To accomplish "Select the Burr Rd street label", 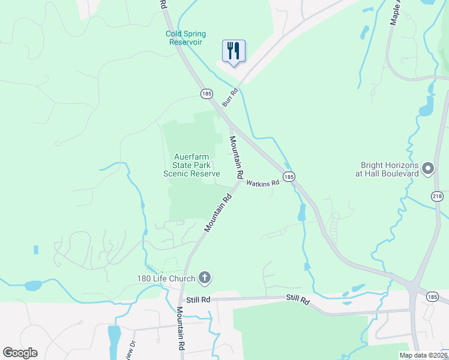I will point(230,97).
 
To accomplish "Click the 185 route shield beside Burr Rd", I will point(206,94).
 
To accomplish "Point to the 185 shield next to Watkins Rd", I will point(289,176).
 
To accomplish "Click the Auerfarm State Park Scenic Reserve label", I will point(192,165).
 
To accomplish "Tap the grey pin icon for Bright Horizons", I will point(428,169).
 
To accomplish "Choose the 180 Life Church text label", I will point(166,278).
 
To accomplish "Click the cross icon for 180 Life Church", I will point(205,278).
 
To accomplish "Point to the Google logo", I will point(20,353).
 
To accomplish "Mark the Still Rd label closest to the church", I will point(197,299).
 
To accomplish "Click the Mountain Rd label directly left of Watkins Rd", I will point(236,157).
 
